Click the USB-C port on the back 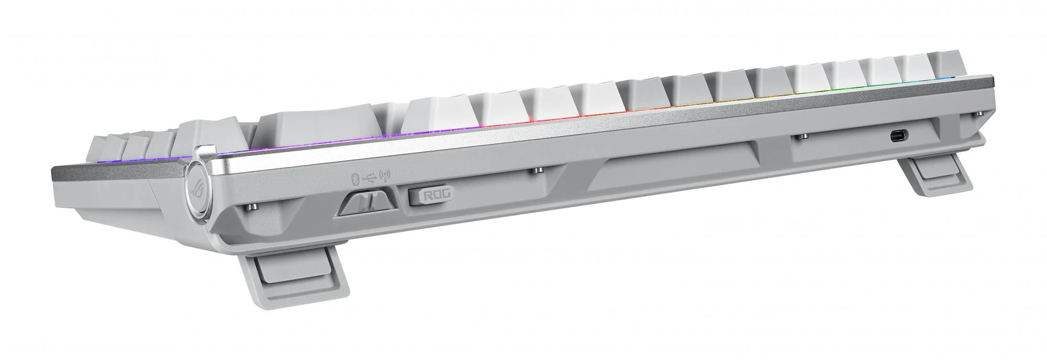tap(899, 136)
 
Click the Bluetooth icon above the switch tap(354, 179)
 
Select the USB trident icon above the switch tap(370, 178)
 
